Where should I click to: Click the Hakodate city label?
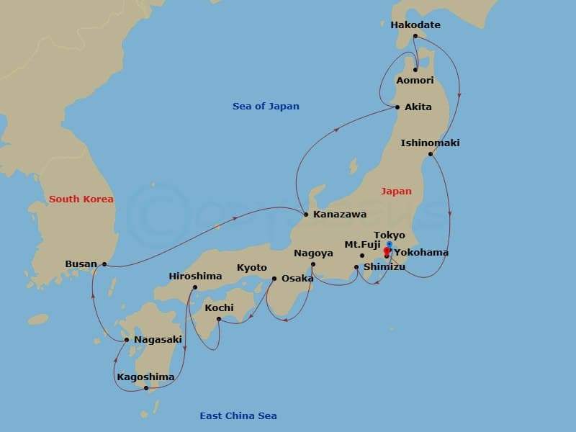(415, 25)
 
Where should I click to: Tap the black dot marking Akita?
(397, 107)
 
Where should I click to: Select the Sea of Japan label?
(266, 107)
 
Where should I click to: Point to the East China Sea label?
(238, 415)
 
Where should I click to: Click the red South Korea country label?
(81, 199)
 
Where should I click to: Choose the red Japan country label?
(396, 192)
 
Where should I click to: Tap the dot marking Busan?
(104, 264)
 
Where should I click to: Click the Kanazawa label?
(340, 215)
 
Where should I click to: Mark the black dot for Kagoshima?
(146, 388)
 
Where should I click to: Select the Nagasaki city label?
(158, 340)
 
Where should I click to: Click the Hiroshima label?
(195, 276)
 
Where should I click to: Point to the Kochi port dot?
(219, 319)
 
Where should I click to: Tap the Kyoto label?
(251, 268)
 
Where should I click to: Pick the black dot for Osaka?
(274, 279)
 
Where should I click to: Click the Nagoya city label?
(313, 253)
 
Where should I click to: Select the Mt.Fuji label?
(362, 245)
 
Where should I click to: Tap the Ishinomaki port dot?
(430, 154)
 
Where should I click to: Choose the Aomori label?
(415, 81)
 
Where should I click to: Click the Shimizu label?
(384, 267)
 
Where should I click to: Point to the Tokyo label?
(390, 235)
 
